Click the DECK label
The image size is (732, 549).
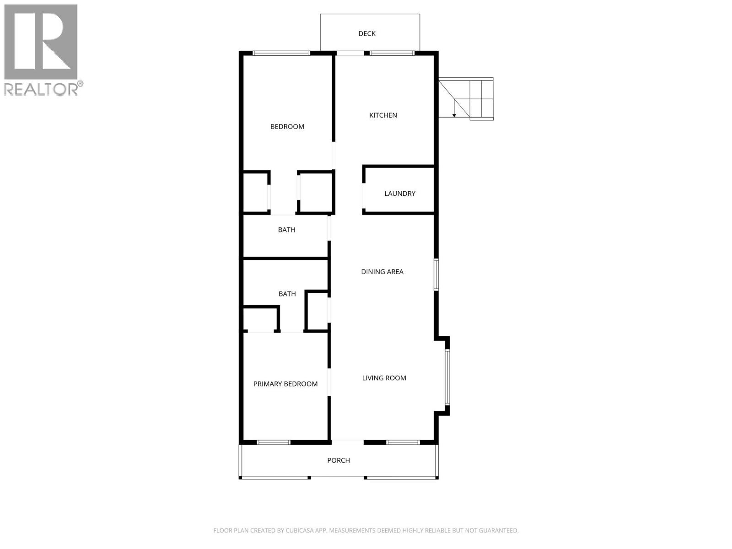[x=367, y=33]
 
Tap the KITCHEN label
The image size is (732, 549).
[x=383, y=115]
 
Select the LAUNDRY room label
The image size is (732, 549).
[x=400, y=194]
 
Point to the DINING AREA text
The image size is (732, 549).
[x=382, y=272]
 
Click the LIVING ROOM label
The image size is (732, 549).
[x=384, y=378]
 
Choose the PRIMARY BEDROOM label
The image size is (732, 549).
[x=285, y=384]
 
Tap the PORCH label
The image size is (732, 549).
[x=339, y=460]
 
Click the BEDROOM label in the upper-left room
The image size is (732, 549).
[x=287, y=127]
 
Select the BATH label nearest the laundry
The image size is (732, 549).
[x=287, y=230]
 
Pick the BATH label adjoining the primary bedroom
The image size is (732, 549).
[x=287, y=294]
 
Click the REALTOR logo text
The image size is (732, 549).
[x=41, y=89]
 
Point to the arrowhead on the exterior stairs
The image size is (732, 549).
[x=454, y=115]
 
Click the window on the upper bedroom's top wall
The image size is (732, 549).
[x=281, y=53]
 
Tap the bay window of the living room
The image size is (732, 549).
[x=447, y=377]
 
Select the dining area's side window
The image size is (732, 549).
[x=436, y=274]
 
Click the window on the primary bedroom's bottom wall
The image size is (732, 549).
[x=274, y=442]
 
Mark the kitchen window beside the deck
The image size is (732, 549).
[x=392, y=53]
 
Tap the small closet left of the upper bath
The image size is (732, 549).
[x=255, y=192]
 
